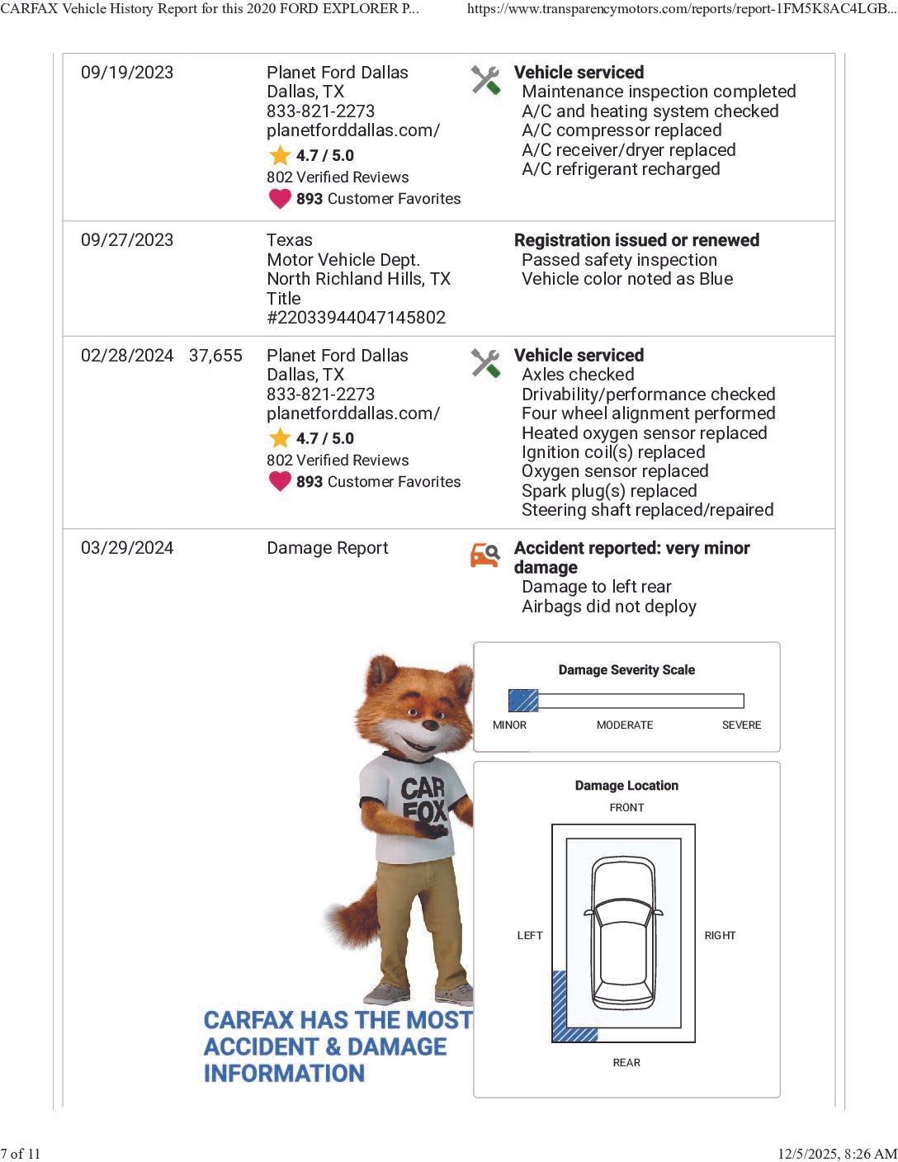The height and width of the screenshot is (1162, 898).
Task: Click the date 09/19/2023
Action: pos(127,73)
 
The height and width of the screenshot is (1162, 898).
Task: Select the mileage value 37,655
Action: pos(215,356)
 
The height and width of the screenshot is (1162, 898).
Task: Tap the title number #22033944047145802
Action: pos(356,318)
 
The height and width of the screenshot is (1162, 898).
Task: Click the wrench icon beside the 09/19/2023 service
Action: pos(485,80)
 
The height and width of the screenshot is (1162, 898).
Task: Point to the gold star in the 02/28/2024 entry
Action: pos(280,438)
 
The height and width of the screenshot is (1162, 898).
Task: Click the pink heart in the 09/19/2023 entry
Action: pos(280,199)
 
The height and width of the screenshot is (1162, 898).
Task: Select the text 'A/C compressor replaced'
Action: pos(622,130)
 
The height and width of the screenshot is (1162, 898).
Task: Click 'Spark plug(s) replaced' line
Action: pos(609,491)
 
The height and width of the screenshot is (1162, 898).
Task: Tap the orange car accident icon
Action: pos(485,555)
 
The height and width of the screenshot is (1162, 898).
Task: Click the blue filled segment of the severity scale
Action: pos(523,701)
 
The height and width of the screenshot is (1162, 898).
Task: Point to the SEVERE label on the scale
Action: pos(741,725)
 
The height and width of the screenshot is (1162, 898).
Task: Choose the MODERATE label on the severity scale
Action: pos(625,725)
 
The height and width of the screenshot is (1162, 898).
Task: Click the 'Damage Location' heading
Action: pos(626,786)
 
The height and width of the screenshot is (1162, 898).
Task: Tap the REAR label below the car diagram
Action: pos(626,1063)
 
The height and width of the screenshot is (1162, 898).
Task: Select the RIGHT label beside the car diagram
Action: pos(720,936)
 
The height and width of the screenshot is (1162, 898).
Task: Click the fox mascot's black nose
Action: pos(430,725)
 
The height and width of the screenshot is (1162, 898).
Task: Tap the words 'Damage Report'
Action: pos(327,549)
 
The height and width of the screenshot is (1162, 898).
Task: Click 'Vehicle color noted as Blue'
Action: pos(627,279)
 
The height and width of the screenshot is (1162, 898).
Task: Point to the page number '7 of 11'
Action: pos(21,1154)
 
